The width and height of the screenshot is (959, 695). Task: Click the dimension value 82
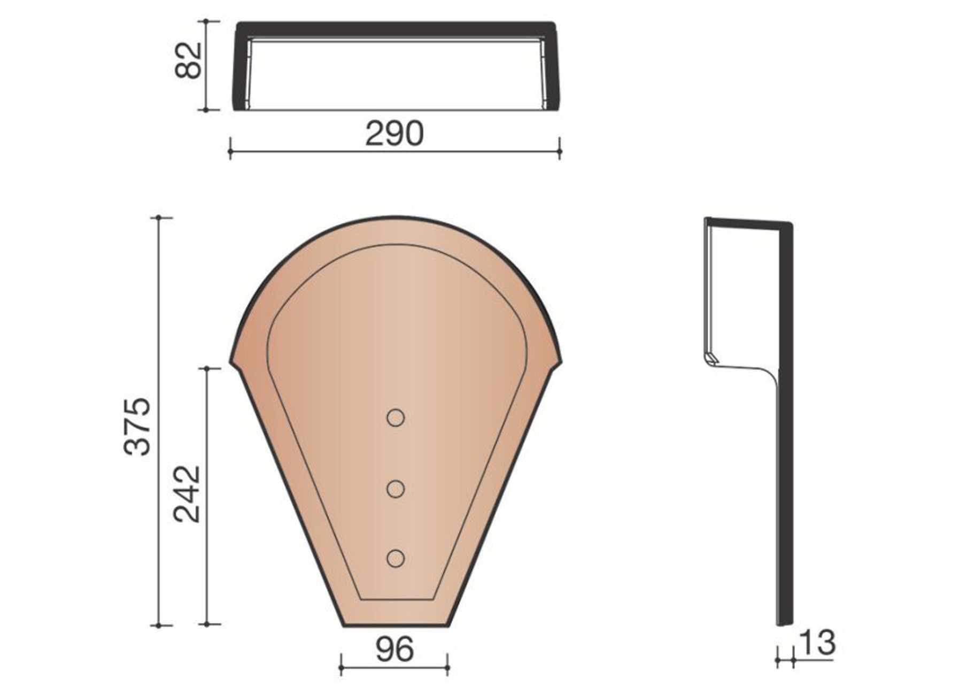[x=189, y=60]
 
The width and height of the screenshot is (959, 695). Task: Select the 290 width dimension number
[x=394, y=134]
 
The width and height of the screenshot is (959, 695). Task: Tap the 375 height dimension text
[x=137, y=426]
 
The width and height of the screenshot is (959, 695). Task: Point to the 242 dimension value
[x=187, y=495]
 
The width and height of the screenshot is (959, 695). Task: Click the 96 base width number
[x=395, y=649]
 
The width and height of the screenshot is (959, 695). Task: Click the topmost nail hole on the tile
[x=395, y=418]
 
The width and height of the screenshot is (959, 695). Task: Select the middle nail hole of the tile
[x=395, y=489]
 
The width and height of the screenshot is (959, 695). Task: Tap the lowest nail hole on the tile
[x=395, y=558]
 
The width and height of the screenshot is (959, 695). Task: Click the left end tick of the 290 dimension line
[x=230, y=152]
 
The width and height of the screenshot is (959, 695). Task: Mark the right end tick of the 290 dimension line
[x=559, y=152]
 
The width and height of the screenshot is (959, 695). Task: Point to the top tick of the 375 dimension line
[x=158, y=218]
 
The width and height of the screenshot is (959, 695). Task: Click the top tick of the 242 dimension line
[x=207, y=368]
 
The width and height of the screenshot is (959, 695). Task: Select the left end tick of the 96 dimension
[x=341, y=668]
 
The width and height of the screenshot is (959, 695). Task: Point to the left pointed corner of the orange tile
[x=232, y=362]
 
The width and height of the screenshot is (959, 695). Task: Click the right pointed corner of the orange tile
[x=560, y=362]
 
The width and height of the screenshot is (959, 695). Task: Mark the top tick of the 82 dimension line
[x=206, y=21]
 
